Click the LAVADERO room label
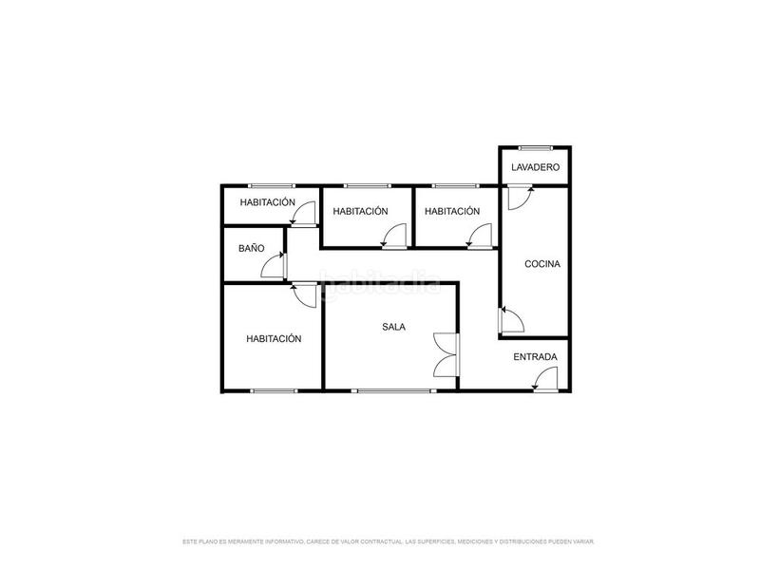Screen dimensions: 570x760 click(x=535, y=167)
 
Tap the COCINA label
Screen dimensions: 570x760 click(x=542, y=264)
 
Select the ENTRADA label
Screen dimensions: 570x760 click(x=535, y=357)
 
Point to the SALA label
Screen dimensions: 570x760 click(x=393, y=327)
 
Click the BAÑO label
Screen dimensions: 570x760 click(x=251, y=248)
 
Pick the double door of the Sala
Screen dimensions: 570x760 click(x=446, y=354)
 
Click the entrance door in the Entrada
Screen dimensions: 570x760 click(x=546, y=381)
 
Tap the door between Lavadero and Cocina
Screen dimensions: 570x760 click(x=520, y=197)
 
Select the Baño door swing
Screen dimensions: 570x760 click(x=275, y=265)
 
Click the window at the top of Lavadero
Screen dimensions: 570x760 click(x=536, y=147)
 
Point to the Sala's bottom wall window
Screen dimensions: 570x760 click(x=390, y=390)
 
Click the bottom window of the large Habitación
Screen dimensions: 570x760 click(x=274, y=390)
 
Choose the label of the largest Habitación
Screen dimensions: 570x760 click(x=274, y=338)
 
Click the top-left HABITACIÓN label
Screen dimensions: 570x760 click(x=267, y=202)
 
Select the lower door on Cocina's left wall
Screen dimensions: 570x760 click(x=511, y=319)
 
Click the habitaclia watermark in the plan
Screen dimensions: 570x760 click(x=380, y=282)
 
